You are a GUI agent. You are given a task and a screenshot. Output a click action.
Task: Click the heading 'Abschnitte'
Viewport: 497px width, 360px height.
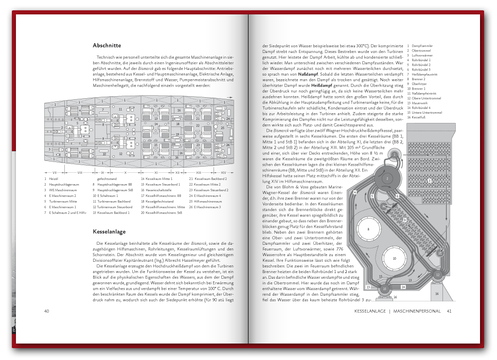click(x=107, y=45)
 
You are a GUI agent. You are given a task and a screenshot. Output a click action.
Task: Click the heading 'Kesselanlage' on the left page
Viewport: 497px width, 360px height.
click(x=109, y=231)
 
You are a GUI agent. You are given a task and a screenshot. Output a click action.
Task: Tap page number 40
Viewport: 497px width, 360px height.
click(x=46, y=311)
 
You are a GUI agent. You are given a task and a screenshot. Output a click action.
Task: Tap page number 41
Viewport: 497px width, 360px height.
click(x=449, y=311)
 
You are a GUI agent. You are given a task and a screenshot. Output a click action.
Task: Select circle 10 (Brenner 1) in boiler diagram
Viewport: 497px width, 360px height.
click(x=394, y=259)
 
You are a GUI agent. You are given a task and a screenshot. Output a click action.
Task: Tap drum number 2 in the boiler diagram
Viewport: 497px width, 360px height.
click(x=386, y=178)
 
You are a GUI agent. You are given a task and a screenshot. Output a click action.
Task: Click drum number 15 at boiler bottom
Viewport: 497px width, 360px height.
click(x=385, y=290)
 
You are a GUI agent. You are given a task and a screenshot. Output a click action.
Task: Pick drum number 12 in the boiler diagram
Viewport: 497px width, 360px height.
click(x=437, y=275)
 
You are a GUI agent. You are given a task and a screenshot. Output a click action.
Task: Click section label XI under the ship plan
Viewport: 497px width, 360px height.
click(x=156, y=172)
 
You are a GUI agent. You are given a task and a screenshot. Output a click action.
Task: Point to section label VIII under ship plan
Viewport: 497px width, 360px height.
click(x=80, y=172)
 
